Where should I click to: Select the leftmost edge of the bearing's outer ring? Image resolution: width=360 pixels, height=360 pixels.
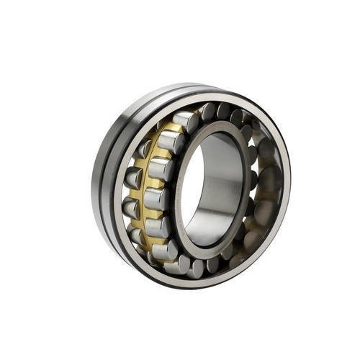tap(91, 180)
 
